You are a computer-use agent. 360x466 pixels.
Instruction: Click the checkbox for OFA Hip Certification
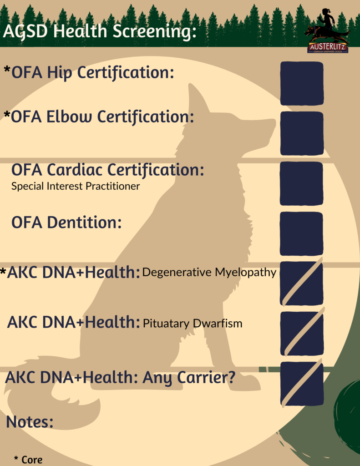(x=302, y=84)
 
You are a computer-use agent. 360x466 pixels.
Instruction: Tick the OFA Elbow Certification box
(x=302, y=133)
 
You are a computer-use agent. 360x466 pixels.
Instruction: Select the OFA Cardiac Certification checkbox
(x=301, y=183)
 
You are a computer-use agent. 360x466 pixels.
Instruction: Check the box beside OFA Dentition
(x=301, y=233)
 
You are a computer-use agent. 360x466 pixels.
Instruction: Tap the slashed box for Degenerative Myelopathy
(x=301, y=283)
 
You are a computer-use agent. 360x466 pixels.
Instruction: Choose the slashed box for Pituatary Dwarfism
(x=302, y=332)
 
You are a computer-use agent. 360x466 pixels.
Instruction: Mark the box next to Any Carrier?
(x=302, y=383)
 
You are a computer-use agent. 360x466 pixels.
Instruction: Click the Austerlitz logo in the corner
(x=327, y=31)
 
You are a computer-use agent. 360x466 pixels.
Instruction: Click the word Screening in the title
(x=155, y=31)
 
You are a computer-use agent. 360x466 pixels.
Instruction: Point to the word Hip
(x=60, y=73)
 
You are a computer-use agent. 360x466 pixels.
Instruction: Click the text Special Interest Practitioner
(x=76, y=186)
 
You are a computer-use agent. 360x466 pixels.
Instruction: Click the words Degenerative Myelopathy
(x=209, y=273)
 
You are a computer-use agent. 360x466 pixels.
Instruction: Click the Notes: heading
(x=30, y=422)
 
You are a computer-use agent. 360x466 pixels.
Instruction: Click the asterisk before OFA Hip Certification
(x=7, y=70)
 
